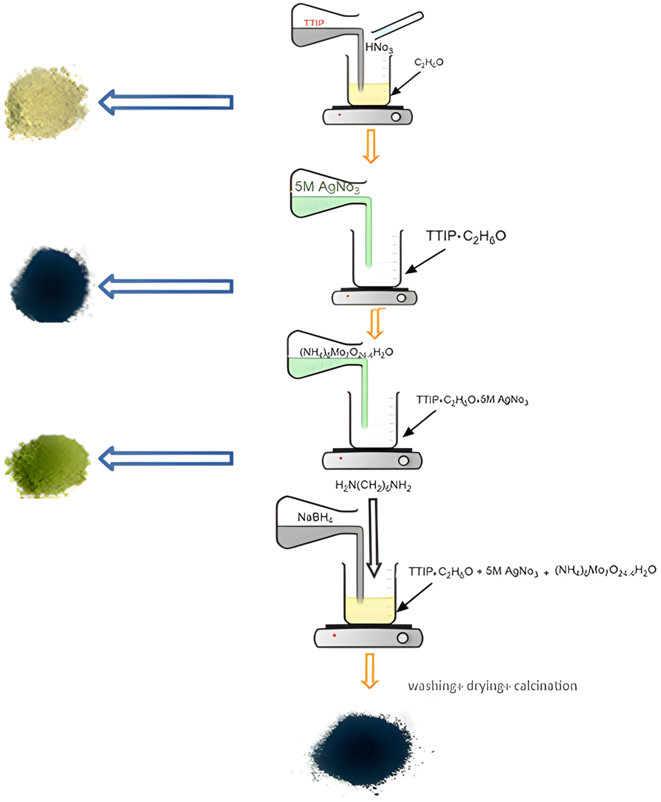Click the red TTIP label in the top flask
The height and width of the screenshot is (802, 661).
click(x=314, y=23)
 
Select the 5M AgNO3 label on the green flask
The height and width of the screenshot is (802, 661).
click(x=327, y=187)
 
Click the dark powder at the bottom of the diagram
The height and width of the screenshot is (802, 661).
click(x=362, y=753)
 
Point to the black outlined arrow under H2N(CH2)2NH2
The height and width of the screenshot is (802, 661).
click(x=374, y=537)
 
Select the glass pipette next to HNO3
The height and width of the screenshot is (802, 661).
click(x=397, y=25)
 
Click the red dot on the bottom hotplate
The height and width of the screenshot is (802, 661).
click(x=334, y=635)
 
